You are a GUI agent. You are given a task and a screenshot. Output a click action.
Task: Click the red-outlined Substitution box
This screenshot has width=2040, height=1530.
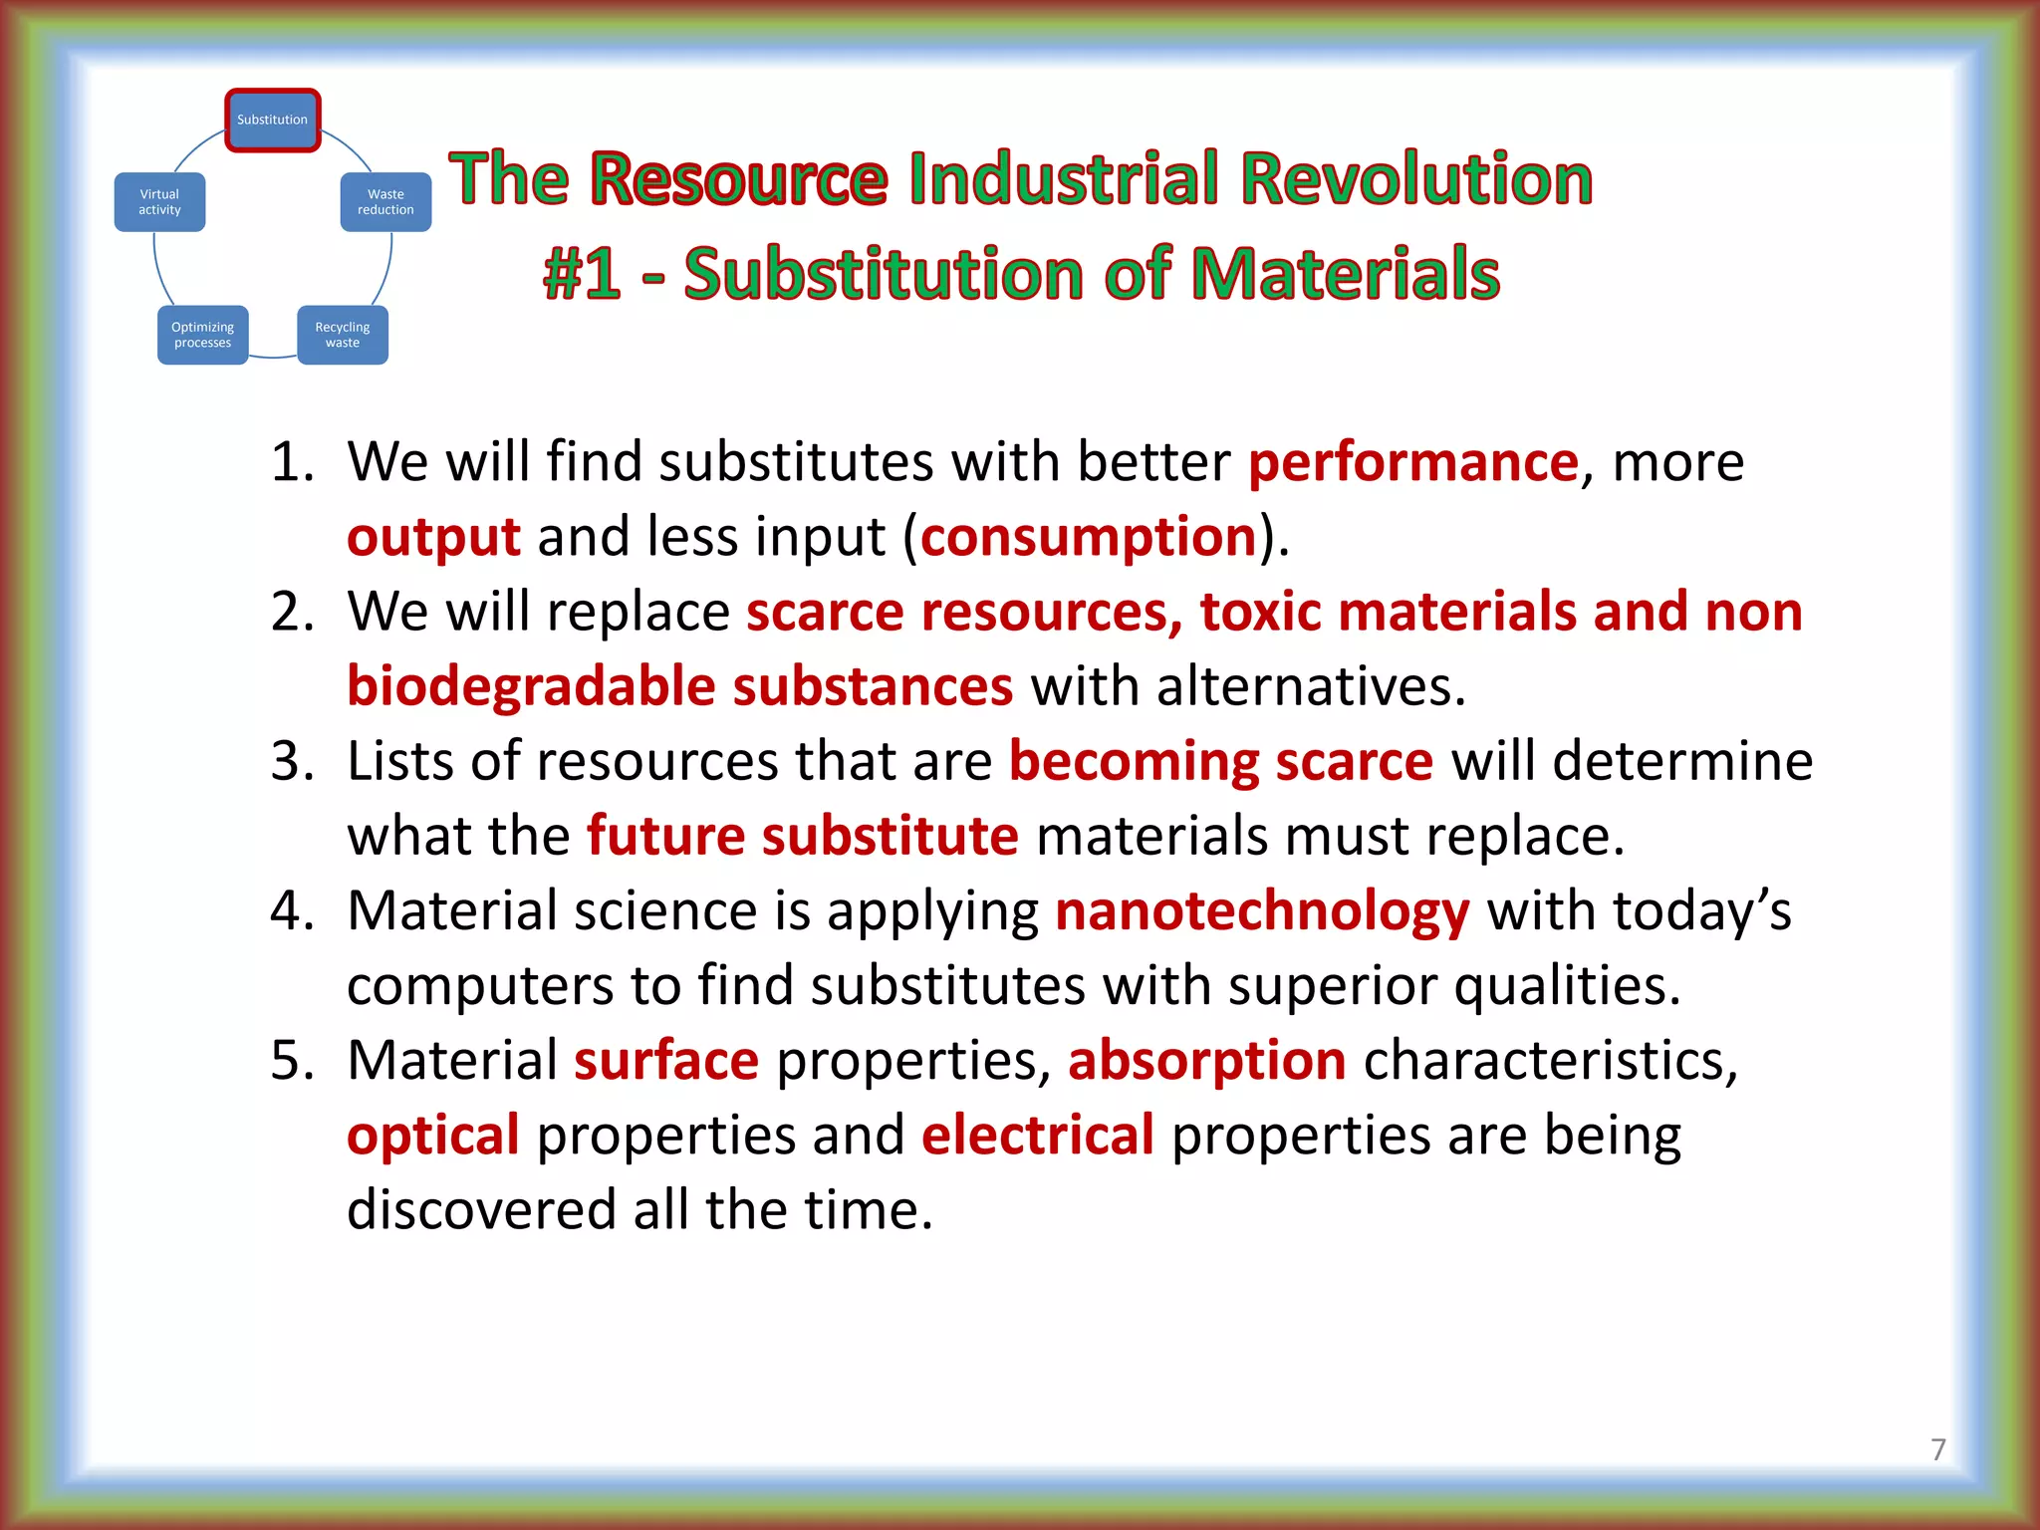(272, 120)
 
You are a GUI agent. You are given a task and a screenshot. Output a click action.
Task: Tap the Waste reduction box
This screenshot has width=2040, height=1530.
(385, 202)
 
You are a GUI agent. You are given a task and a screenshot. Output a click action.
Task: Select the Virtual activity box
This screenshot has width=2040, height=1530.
(159, 202)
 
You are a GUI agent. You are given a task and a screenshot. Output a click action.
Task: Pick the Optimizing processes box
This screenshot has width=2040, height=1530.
(202, 335)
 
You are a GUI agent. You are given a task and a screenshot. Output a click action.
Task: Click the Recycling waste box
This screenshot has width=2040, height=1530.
(342, 335)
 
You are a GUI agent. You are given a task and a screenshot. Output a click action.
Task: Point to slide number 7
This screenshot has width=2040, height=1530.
(1937, 1449)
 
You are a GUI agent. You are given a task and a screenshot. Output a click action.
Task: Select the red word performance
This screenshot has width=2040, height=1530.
(1412, 463)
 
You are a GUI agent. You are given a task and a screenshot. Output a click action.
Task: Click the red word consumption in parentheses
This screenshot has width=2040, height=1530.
(1088, 538)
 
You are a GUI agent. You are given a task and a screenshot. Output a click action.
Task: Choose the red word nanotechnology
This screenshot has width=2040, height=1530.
(1261, 911)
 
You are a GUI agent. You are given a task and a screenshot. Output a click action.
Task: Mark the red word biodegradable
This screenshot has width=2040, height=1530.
(531, 687)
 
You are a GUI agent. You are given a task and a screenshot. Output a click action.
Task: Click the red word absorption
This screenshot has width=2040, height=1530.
(1206, 1061)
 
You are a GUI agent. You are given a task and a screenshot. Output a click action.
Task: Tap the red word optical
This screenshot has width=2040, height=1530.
(432, 1136)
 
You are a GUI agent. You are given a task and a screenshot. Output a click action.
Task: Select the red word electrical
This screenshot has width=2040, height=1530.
(1037, 1136)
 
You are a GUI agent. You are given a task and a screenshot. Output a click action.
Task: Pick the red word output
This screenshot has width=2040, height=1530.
(432, 538)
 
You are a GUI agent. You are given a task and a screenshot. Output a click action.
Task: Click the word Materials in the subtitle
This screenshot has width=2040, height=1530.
(1345, 274)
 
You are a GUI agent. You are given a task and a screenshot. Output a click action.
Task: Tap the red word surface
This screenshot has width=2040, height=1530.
(665, 1061)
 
